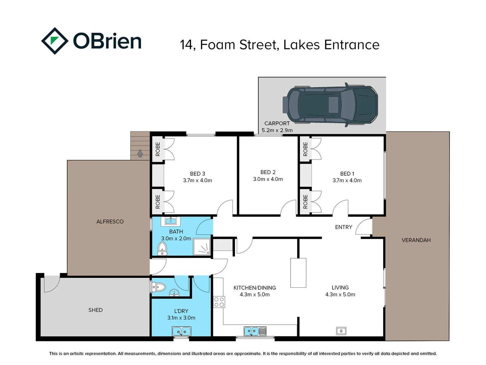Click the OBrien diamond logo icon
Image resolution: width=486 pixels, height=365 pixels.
[x=55, y=41]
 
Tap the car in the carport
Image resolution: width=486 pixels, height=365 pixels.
[x=330, y=105]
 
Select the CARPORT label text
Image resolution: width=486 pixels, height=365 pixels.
[x=277, y=123]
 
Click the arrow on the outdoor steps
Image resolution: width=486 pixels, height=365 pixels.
[x=140, y=153]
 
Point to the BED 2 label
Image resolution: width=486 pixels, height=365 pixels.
[x=268, y=172]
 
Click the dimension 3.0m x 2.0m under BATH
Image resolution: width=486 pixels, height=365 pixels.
[x=176, y=239]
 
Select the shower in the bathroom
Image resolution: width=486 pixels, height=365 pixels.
[x=201, y=247]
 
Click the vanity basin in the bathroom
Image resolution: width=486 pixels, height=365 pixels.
[x=170, y=221]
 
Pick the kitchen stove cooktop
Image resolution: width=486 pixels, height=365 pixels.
[x=219, y=302]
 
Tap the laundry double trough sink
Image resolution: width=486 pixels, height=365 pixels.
[x=181, y=332]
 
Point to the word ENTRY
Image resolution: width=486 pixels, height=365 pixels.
[x=344, y=227]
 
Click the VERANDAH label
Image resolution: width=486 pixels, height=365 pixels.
[x=416, y=240]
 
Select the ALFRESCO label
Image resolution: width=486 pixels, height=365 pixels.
[x=110, y=221]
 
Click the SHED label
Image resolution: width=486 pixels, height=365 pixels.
[x=96, y=310]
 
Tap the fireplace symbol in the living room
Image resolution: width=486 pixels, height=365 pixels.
[x=341, y=331]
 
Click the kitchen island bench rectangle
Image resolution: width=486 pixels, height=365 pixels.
[x=298, y=273]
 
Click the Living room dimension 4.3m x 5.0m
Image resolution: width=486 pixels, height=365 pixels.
[x=340, y=294]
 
